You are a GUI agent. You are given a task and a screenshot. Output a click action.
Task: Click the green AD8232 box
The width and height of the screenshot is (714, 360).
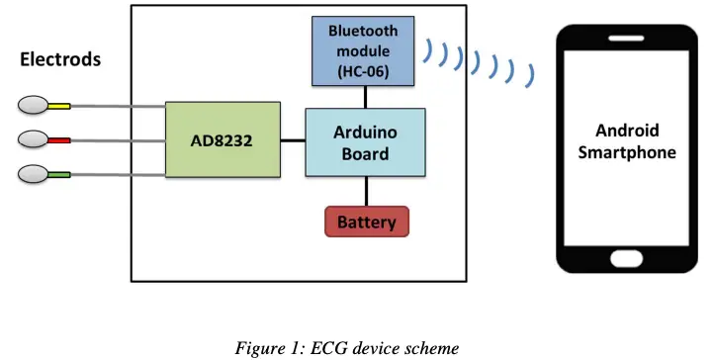(222, 139)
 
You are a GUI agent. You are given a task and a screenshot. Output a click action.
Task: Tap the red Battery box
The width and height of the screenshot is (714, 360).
(366, 222)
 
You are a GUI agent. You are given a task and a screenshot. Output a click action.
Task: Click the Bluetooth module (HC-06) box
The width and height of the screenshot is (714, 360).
(366, 48)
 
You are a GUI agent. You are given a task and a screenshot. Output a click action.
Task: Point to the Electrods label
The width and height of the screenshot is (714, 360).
(60, 60)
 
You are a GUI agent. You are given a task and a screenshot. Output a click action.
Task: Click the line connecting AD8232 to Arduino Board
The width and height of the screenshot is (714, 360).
(291, 140)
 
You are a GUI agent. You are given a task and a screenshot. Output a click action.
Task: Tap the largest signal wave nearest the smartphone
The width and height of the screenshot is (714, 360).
(531, 74)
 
